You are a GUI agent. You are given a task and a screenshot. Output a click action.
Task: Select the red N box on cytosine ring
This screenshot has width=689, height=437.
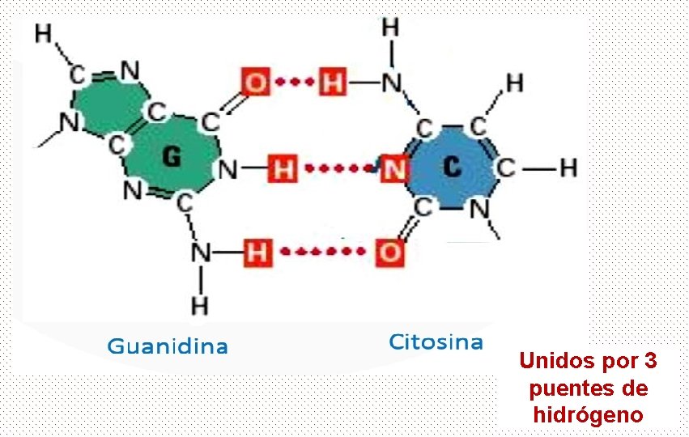[394, 168]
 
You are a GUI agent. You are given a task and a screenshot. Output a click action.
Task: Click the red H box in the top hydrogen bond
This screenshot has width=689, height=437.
[331, 82]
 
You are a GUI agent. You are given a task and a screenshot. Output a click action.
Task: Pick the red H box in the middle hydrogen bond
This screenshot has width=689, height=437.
[283, 169]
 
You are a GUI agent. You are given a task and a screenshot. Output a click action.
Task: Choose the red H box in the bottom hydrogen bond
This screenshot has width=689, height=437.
[255, 252]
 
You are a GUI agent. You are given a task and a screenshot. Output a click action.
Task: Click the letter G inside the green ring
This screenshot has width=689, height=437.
[171, 157]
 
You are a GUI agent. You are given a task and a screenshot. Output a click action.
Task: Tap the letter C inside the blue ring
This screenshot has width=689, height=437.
[453, 167]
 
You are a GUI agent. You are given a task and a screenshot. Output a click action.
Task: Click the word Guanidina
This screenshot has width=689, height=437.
[168, 347]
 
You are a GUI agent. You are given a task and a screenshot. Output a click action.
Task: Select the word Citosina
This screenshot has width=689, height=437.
[436, 342]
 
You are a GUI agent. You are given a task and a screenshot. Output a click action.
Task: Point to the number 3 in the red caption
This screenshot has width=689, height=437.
[650, 360]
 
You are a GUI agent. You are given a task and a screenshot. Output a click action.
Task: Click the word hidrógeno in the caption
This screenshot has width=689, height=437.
[589, 415]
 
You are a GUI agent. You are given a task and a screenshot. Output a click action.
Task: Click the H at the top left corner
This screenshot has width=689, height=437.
[44, 33]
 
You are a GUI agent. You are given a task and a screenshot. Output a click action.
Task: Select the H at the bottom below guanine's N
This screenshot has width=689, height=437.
[199, 305]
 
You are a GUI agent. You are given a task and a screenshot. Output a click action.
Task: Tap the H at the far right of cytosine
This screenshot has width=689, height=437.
[568, 168]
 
